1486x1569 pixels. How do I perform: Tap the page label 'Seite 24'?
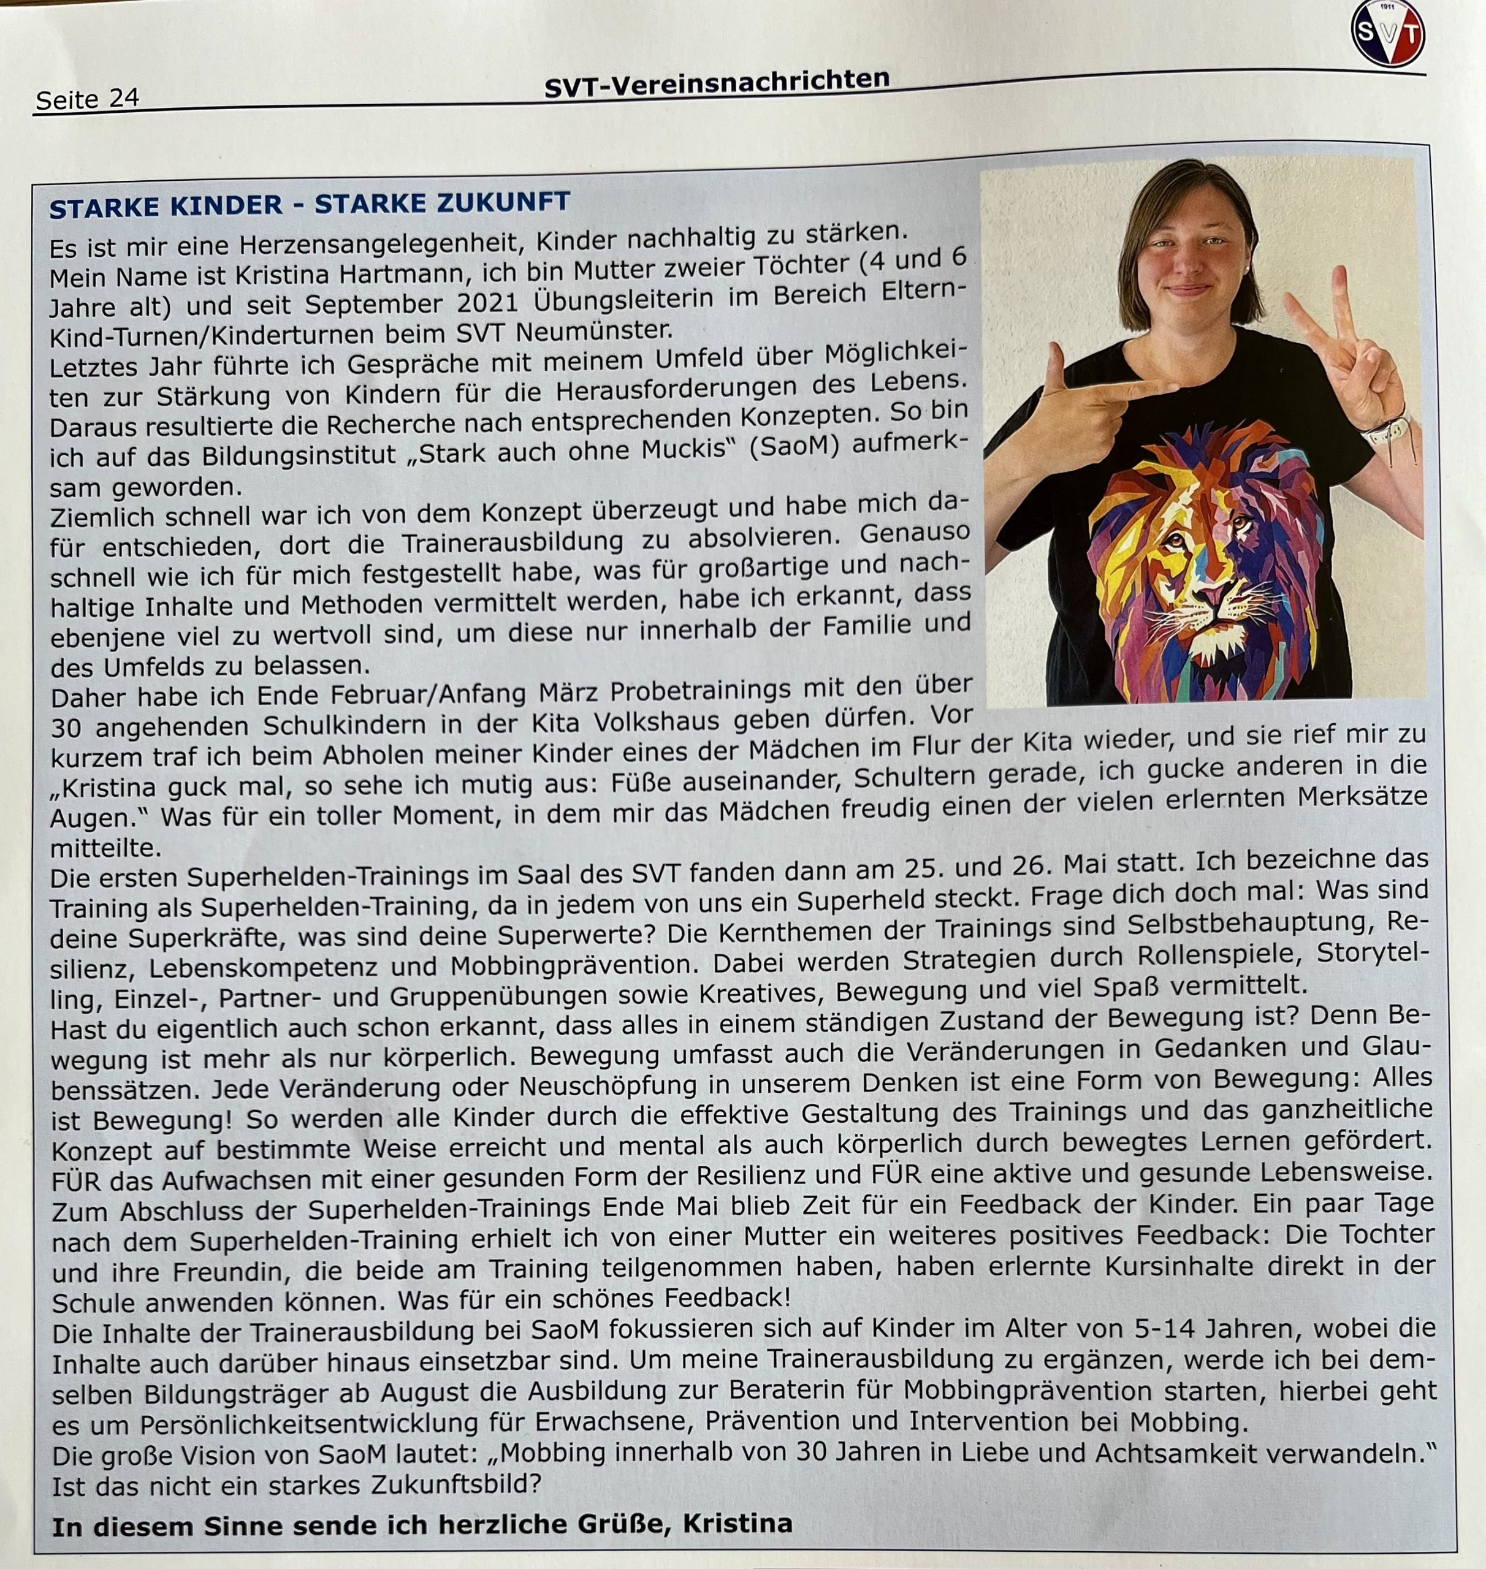[87, 99]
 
